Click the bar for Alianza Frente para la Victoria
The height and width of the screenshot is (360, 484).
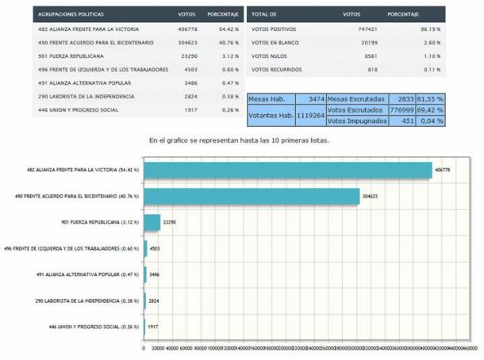tap(287, 170)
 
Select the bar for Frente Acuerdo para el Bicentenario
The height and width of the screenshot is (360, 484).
tap(251, 196)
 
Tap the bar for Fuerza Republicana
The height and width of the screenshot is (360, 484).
tap(152, 223)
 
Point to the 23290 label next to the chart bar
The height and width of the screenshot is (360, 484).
tap(170, 223)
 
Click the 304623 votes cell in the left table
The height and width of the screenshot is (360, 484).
tap(187, 43)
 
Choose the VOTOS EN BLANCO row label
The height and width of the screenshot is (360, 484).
tap(276, 43)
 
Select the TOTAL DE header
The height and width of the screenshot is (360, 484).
tap(263, 15)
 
